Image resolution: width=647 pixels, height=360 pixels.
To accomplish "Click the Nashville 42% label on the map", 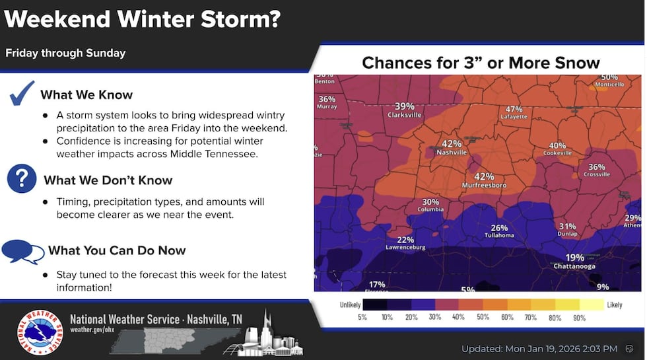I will (452, 147).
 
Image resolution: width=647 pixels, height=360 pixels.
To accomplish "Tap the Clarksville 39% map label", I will (404, 110).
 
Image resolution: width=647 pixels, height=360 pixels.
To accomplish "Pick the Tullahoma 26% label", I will (499, 231).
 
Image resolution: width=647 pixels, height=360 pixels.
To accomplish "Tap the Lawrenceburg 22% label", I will (405, 243).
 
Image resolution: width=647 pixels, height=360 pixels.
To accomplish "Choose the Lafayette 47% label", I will (514, 112).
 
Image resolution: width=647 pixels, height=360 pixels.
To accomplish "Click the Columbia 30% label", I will (430, 205).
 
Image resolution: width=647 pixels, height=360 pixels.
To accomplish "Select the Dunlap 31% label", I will (567, 229).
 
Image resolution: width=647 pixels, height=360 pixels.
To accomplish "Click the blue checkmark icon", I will (22, 93).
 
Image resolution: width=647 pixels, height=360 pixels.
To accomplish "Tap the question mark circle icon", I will (22, 179).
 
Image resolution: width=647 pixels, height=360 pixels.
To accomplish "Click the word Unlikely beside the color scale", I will (351, 305).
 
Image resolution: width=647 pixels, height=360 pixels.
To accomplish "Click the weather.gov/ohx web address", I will (90, 330).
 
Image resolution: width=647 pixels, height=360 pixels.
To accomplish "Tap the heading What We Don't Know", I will (108, 180).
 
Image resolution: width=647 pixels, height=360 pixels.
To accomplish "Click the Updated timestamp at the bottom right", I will (539, 348).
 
